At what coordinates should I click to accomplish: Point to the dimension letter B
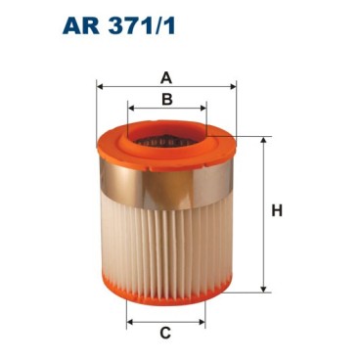click(x=167, y=99)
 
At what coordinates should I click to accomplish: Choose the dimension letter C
click(x=166, y=334)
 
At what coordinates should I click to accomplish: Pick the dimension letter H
click(x=277, y=210)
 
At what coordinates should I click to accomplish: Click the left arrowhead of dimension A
click(x=100, y=87)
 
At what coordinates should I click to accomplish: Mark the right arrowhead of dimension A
click(x=235, y=87)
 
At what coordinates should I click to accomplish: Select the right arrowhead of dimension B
click(x=204, y=111)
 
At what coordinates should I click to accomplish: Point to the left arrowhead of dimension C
click(x=128, y=319)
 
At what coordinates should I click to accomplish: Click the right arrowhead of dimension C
click(x=204, y=319)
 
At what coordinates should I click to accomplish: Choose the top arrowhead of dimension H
click(x=263, y=141)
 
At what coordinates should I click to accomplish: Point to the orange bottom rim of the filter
click(x=166, y=291)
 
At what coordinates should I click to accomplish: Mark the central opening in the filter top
click(x=167, y=136)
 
